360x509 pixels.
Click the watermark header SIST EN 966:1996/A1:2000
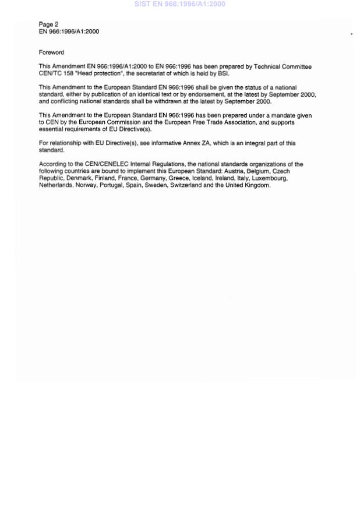click(179, 4)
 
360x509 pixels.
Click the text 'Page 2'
click(48, 24)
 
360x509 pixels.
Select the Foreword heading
click(51, 52)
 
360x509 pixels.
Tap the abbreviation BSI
click(223, 74)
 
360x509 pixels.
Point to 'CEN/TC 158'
click(55, 74)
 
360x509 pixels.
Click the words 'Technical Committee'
click(283, 67)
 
